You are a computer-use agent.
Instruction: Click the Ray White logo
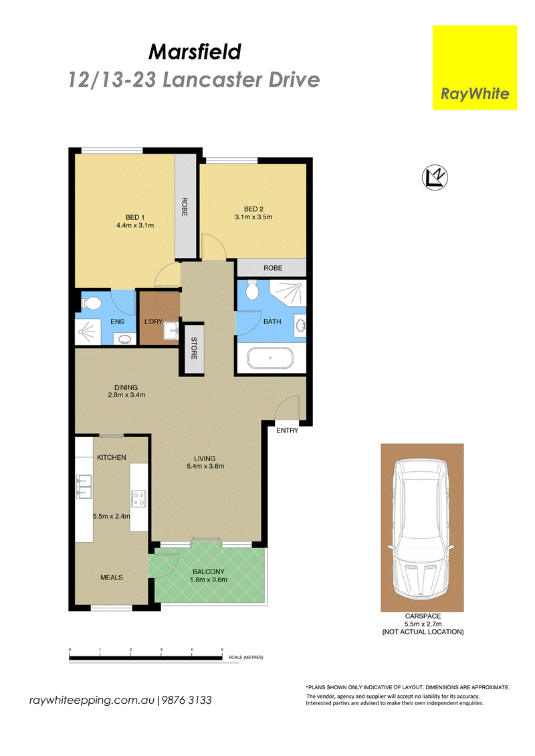click(x=475, y=68)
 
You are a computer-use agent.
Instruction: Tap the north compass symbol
click(x=435, y=177)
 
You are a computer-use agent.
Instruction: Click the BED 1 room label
click(x=135, y=217)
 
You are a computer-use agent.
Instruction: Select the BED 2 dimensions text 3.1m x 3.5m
click(x=253, y=217)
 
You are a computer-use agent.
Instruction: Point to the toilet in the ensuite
click(x=90, y=303)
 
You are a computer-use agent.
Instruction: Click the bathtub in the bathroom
click(x=270, y=358)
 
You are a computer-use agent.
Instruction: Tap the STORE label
click(x=194, y=348)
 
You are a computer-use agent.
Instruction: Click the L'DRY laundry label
click(x=153, y=322)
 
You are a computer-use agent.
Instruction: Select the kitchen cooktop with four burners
click(x=139, y=499)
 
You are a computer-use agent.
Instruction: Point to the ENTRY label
click(x=287, y=430)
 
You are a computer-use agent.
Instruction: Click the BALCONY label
click(x=209, y=572)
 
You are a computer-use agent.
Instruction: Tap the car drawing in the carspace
click(x=421, y=528)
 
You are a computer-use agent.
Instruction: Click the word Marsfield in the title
click(x=195, y=51)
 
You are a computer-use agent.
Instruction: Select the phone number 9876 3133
click(x=187, y=700)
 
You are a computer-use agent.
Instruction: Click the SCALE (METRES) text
click(x=245, y=657)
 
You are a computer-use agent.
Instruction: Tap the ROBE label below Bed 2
click(x=273, y=268)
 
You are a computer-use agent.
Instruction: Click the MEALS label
click(x=112, y=577)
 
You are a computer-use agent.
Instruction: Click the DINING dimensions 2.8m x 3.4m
click(x=126, y=395)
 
